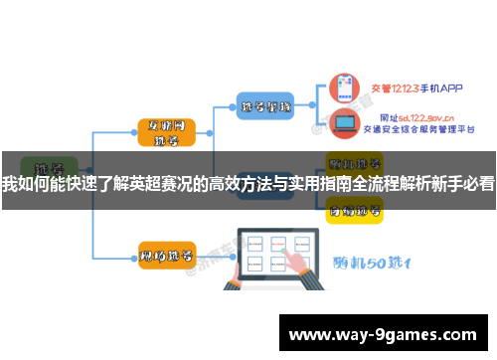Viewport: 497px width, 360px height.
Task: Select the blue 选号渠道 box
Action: pos(265,104)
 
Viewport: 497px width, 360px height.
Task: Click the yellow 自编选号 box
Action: pos(355,208)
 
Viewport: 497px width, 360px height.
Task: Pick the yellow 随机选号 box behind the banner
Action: pos(355,161)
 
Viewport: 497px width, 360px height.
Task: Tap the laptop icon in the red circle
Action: pos(345,124)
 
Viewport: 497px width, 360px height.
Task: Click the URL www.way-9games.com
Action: pos(383,335)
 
